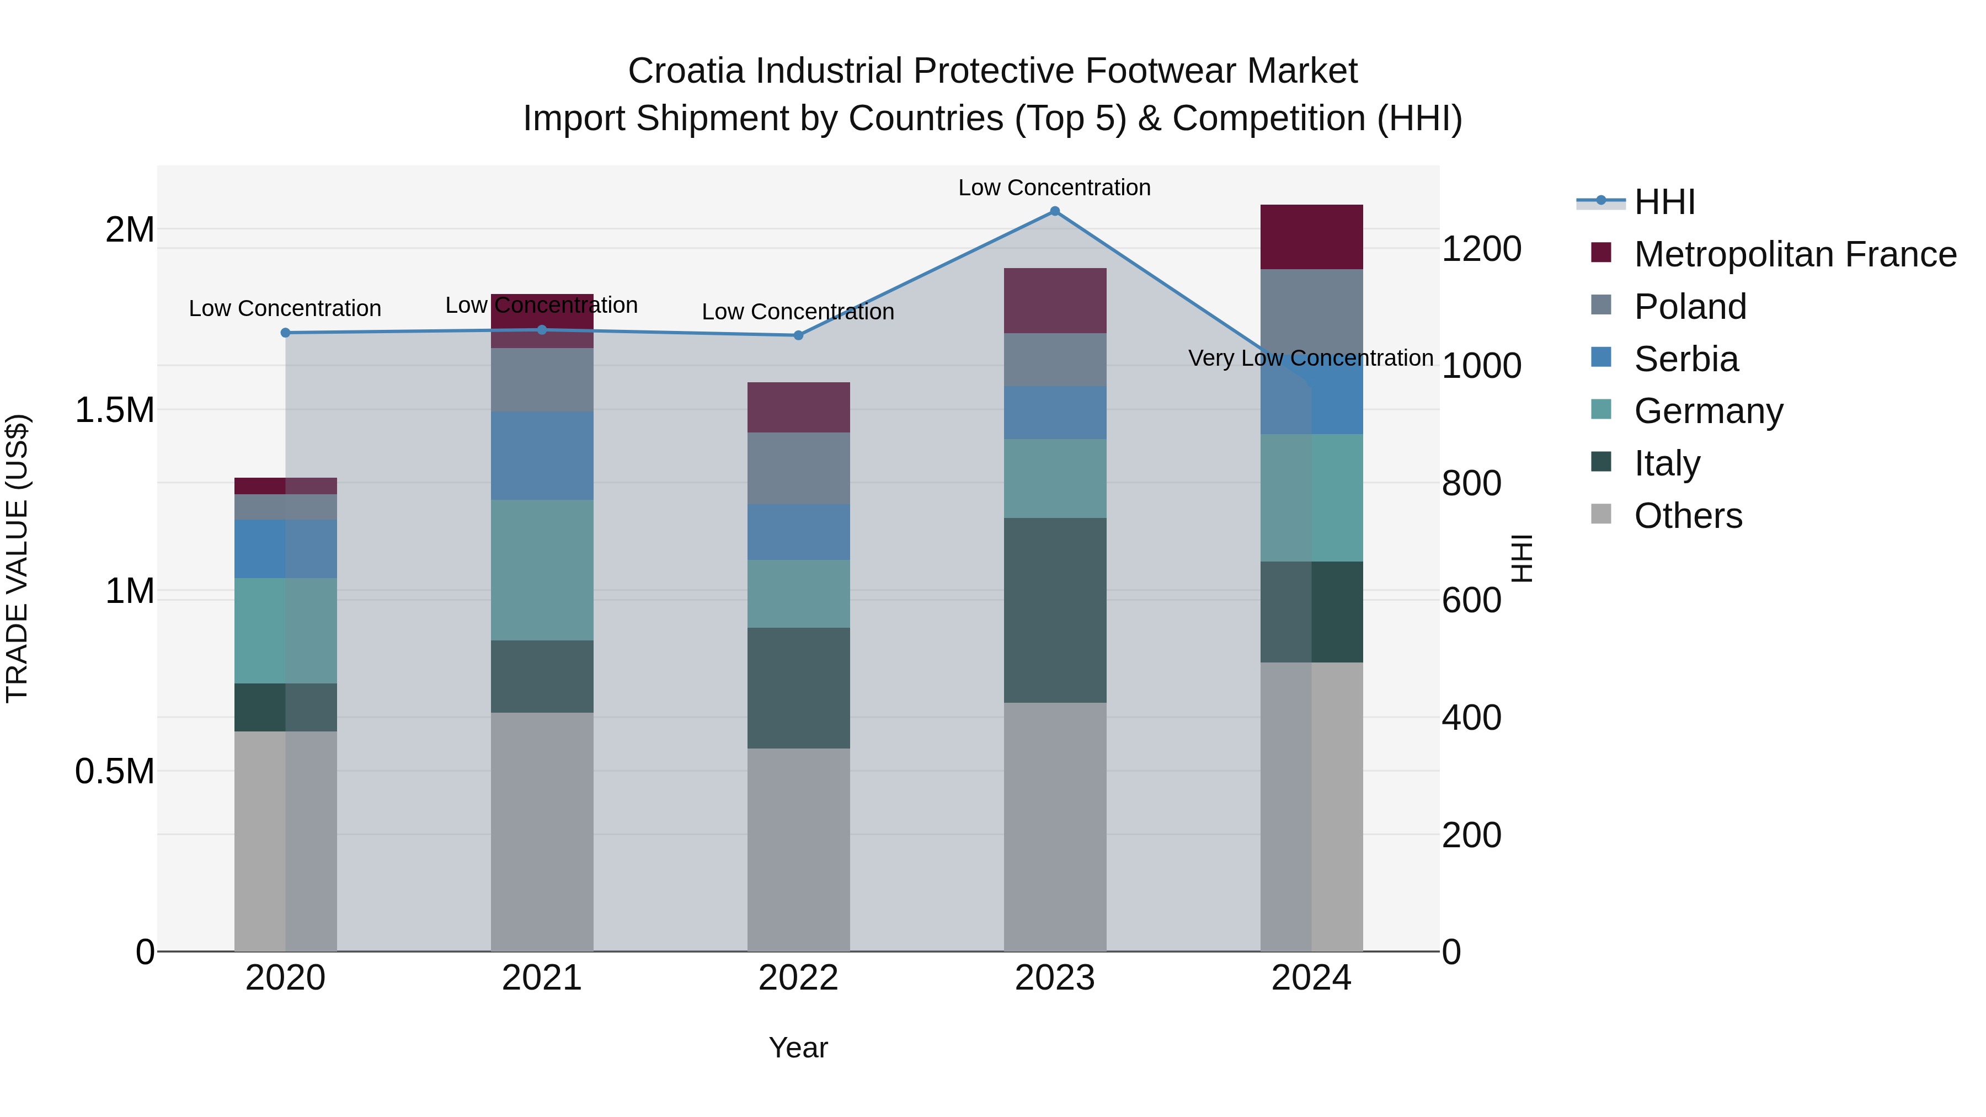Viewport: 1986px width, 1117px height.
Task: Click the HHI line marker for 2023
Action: pyautogui.click(x=1055, y=211)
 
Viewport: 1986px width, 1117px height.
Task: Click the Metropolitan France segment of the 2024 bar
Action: pyautogui.click(x=1311, y=237)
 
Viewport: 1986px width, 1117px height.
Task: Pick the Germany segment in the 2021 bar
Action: pyautogui.click(x=542, y=570)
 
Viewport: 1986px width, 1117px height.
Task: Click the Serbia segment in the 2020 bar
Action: pyautogui.click(x=285, y=549)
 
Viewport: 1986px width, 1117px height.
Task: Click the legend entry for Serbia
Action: pyautogui.click(x=1685, y=359)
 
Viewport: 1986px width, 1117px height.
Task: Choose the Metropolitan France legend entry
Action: pyautogui.click(x=1794, y=254)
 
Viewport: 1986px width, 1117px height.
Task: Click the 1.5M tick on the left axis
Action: pyautogui.click(x=115, y=410)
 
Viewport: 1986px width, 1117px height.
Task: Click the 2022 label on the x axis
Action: pyautogui.click(x=799, y=978)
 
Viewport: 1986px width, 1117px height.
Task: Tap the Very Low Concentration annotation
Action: pyautogui.click(x=1311, y=359)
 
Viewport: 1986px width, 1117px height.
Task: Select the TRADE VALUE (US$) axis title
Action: pyautogui.click(x=17, y=558)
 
